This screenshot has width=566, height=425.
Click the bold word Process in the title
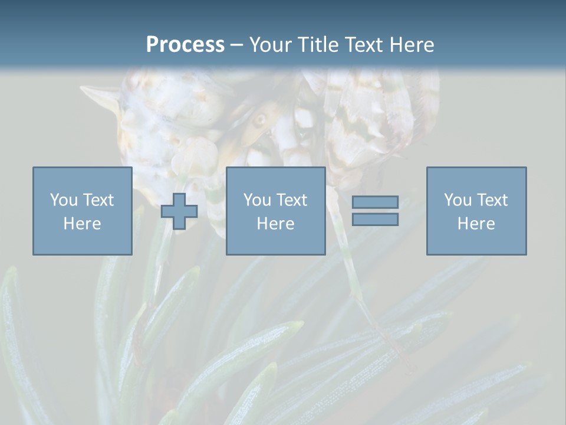185,44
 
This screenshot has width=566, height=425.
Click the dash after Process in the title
236,45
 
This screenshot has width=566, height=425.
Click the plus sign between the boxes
179,211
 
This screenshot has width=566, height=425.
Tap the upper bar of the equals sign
375,202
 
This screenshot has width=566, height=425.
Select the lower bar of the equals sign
375,219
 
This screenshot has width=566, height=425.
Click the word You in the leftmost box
64,200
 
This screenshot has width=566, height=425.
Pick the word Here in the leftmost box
82,224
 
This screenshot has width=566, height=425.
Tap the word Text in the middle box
292,200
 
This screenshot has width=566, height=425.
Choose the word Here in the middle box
275,224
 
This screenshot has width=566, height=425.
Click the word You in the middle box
257,200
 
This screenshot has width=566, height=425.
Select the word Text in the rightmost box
492,200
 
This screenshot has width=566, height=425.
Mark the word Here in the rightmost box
476,224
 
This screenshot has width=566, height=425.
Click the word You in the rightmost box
458,200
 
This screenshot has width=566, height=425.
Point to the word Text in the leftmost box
98,200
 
